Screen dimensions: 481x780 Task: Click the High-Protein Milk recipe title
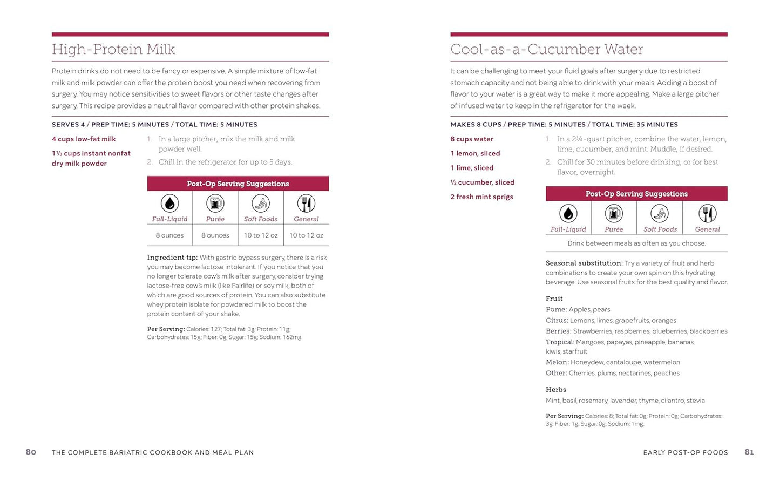point(113,50)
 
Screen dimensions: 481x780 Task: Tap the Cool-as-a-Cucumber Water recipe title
point(546,50)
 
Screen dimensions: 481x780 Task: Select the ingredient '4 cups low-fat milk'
point(84,139)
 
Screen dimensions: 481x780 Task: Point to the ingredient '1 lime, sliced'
point(472,168)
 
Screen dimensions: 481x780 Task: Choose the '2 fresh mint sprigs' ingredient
point(481,197)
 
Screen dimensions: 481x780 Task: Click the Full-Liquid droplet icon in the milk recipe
point(169,204)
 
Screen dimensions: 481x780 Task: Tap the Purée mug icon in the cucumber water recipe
point(614,214)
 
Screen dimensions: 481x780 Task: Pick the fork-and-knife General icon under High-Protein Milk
point(306,204)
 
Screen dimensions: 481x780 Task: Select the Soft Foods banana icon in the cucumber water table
point(660,214)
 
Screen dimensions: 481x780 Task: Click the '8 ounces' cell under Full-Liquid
point(169,235)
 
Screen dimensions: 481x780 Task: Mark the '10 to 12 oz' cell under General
point(306,235)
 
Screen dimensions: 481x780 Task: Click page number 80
point(31,452)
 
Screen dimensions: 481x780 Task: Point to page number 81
point(749,452)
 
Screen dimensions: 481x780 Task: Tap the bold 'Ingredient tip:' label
point(172,258)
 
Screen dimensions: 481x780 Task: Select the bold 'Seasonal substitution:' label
point(584,263)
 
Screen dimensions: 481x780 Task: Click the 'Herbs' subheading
point(555,390)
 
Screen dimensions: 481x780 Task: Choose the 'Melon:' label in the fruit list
point(557,362)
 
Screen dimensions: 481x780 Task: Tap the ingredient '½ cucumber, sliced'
point(482,182)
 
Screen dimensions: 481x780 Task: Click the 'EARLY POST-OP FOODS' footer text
point(686,452)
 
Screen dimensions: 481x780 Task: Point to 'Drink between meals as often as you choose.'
point(636,243)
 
